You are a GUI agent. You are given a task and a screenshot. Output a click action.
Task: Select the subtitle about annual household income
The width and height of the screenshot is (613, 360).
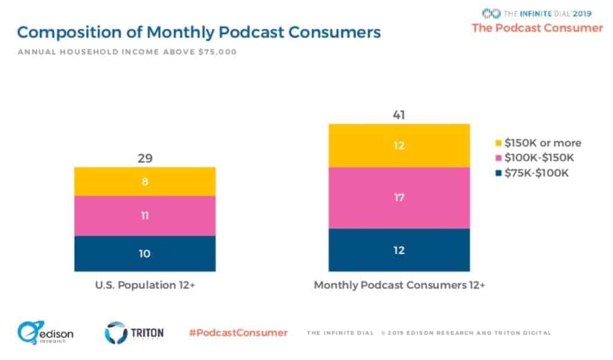pos(127,52)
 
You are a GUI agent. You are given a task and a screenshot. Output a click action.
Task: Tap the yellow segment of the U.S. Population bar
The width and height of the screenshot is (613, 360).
pos(145,181)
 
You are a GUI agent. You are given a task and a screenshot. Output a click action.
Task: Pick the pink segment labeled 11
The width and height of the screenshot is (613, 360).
pos(145,216)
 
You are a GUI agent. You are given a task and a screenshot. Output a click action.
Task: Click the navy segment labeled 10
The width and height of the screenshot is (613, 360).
pos(145,253)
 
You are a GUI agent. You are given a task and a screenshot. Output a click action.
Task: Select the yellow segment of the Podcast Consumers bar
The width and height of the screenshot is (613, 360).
pos(399,146)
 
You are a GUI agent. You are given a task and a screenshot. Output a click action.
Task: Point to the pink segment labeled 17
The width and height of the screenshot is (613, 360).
pos(399,198)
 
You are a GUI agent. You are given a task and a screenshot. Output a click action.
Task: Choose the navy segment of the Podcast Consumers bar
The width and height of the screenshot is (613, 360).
pos(399,250)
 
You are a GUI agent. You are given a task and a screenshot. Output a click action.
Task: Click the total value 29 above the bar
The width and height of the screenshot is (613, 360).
pos(145,159)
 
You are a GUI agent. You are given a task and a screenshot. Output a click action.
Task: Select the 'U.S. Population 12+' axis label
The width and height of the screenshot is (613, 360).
pos(145,285)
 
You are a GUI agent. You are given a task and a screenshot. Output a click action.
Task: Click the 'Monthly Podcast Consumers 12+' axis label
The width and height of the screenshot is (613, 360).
pos(399,285)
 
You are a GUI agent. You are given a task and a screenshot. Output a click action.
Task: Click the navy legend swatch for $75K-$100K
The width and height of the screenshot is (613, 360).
pos(499,173)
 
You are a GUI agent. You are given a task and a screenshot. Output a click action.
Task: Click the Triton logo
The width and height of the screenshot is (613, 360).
pos(134,333)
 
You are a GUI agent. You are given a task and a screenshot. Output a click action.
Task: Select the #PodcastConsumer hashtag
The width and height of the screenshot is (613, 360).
pos(238,332)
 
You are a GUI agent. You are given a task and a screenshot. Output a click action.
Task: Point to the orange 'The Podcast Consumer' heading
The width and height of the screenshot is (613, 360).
pos(537,28)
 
